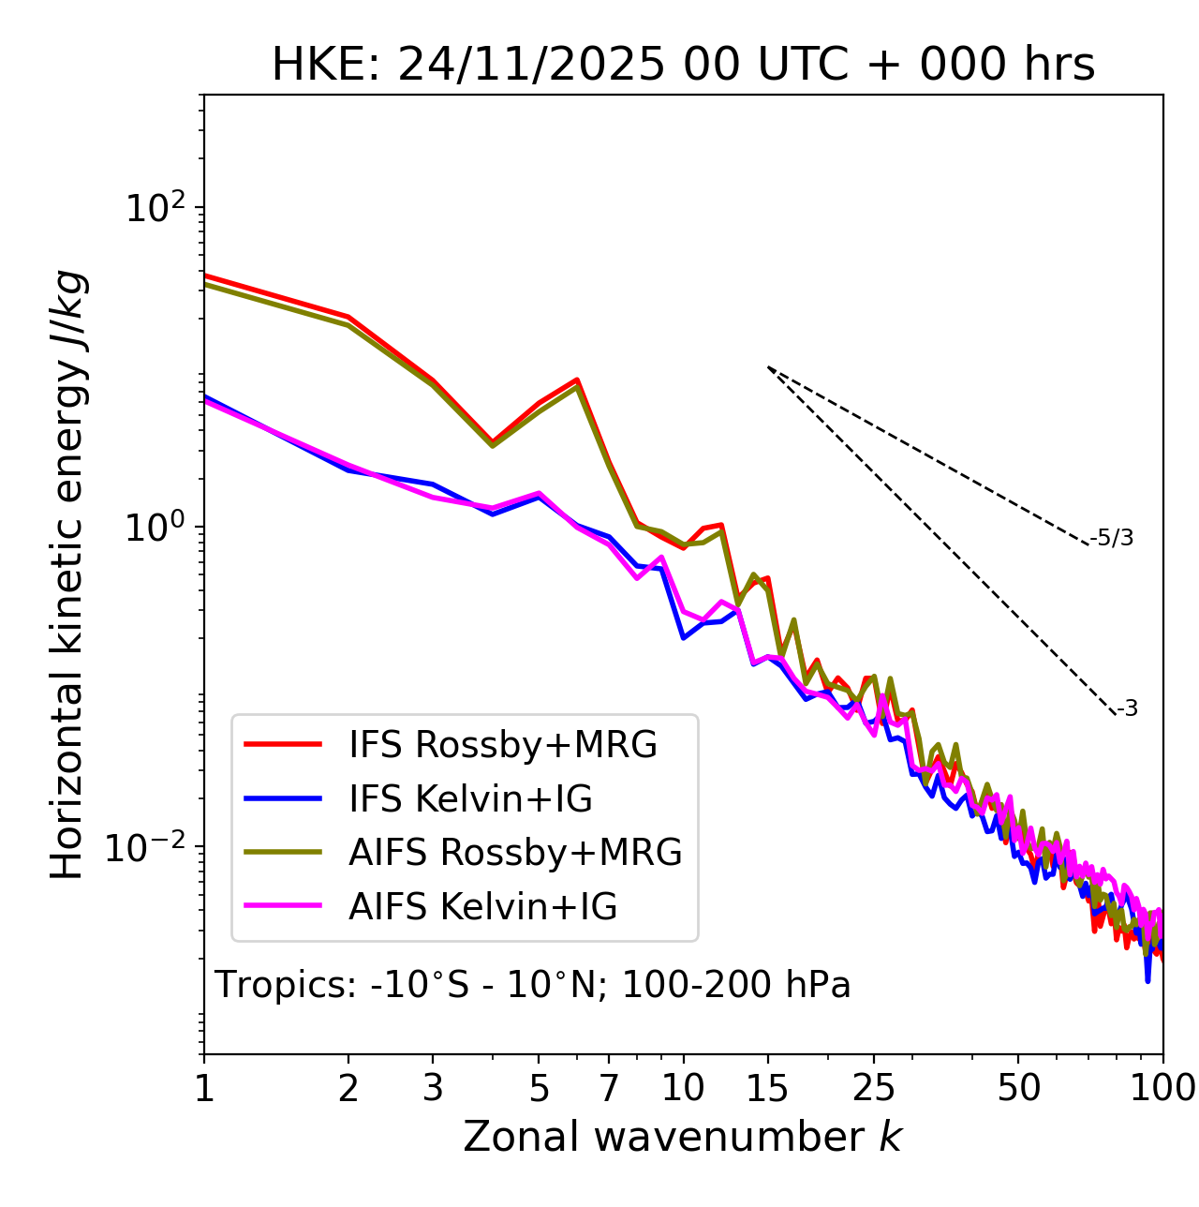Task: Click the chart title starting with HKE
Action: [683, 66]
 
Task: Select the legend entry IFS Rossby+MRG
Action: [502, 745]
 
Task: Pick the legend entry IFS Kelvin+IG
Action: [470, 798]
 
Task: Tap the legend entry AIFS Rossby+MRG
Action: [515, 853]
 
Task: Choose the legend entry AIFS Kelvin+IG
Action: [482, 907]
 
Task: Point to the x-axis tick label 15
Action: [768, 1088]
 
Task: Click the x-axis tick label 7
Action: [609, 1088]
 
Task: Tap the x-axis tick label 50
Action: [1019, 1088]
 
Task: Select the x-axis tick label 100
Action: [1162, 1088]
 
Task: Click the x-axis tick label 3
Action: [433, 1088]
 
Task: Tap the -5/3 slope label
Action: [1112, 538]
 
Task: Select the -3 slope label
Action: [1127, 709]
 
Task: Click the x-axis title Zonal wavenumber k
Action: [683, 1137]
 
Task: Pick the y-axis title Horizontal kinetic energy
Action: [68, 574]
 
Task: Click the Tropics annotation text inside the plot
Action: [533, 986]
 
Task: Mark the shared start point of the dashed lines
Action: [768, 367]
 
